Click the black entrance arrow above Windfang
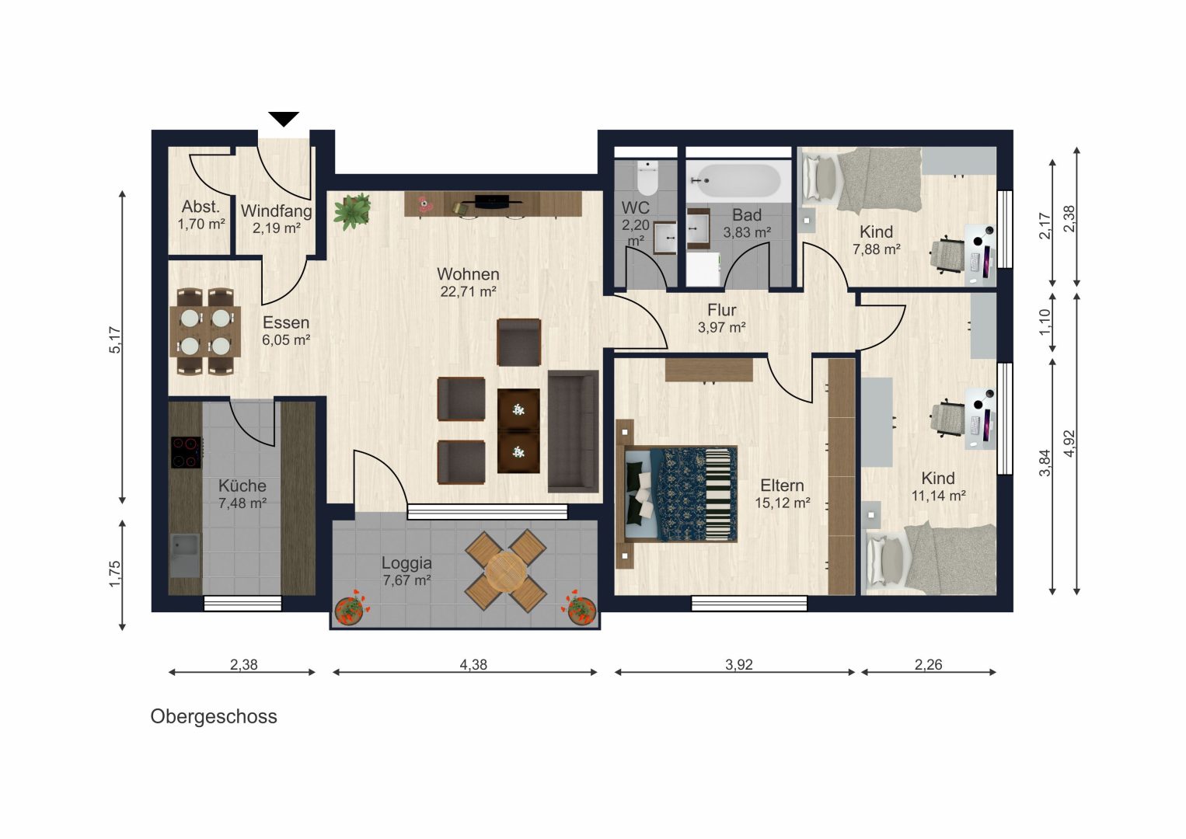click(x=284, y=119)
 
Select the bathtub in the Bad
click(x=735, y=180)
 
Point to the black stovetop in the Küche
click(x=185, y=452)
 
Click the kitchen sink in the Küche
click(x=185, y=555)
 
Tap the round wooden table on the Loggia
click(x=506, y=571)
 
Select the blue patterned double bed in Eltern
click(x=680, y=494)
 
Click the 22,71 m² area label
click(x=468, y=291)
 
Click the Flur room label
click(x=722, y=310)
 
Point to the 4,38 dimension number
click(x=473, y=664)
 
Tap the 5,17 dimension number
click(x=115, y=339)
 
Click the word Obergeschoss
click(x=214, y=717)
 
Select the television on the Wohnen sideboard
click(x=491, y=201)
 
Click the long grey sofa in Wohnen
click(x=573, y=431)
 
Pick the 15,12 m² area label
click(x=782, y=503)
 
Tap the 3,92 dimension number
click(x=738, y=664)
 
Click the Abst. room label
click(x=201, y=207)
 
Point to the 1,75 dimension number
click(x=115, y=574)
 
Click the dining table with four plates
click(x=205, y=332)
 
